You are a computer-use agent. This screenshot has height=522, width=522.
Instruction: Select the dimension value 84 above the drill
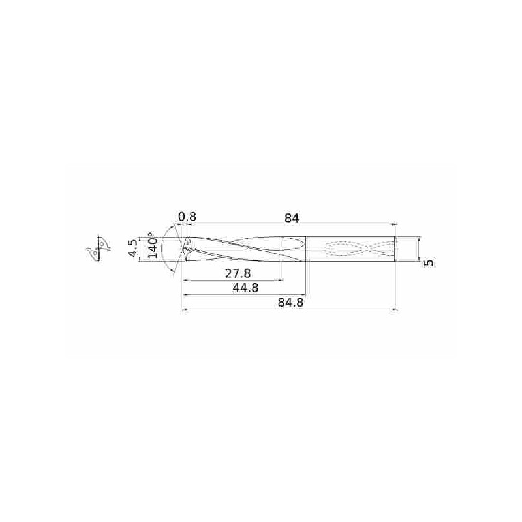292,217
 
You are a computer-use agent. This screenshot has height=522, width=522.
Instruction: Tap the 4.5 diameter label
132,249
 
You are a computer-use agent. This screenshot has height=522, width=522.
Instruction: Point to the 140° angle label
153,247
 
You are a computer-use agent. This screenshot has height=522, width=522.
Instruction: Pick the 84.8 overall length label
290,302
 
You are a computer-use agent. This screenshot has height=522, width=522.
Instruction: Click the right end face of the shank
396,249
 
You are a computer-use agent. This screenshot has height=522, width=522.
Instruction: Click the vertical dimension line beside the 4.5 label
140,249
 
